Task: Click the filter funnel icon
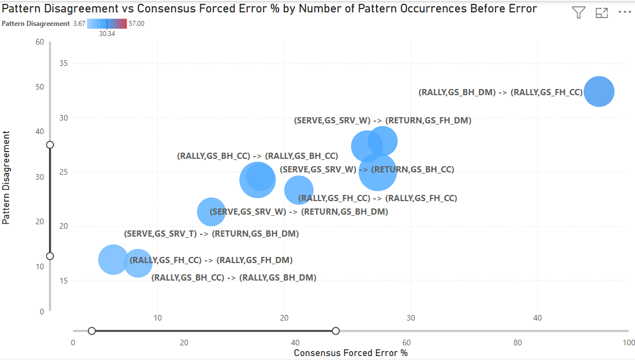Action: click(579, 13)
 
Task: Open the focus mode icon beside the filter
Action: click(602, 13)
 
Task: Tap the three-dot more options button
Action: click(625, 13)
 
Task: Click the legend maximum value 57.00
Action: click(137, 24)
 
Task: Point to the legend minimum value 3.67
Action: click(79, 24)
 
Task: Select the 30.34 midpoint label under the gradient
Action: click(107, 33)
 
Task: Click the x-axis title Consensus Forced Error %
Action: click(350, 353)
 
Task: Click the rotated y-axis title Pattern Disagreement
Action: click(7, 177)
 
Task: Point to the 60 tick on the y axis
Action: click(39, 42)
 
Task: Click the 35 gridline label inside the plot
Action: click(64, 64)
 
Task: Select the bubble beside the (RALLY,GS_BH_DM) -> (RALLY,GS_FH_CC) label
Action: click(598, 91)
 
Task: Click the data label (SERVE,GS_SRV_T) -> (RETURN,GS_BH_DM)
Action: click(211, 233)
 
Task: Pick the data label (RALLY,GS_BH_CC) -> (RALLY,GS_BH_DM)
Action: click(234, 278)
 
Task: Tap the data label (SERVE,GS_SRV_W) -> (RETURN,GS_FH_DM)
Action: click(383, 121)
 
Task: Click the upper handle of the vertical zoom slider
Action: click(50, 145)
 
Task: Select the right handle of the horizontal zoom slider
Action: click(336, 331)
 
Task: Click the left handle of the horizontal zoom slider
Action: click(92, 331)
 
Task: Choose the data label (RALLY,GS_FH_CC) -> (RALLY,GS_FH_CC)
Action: click(377, 198)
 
